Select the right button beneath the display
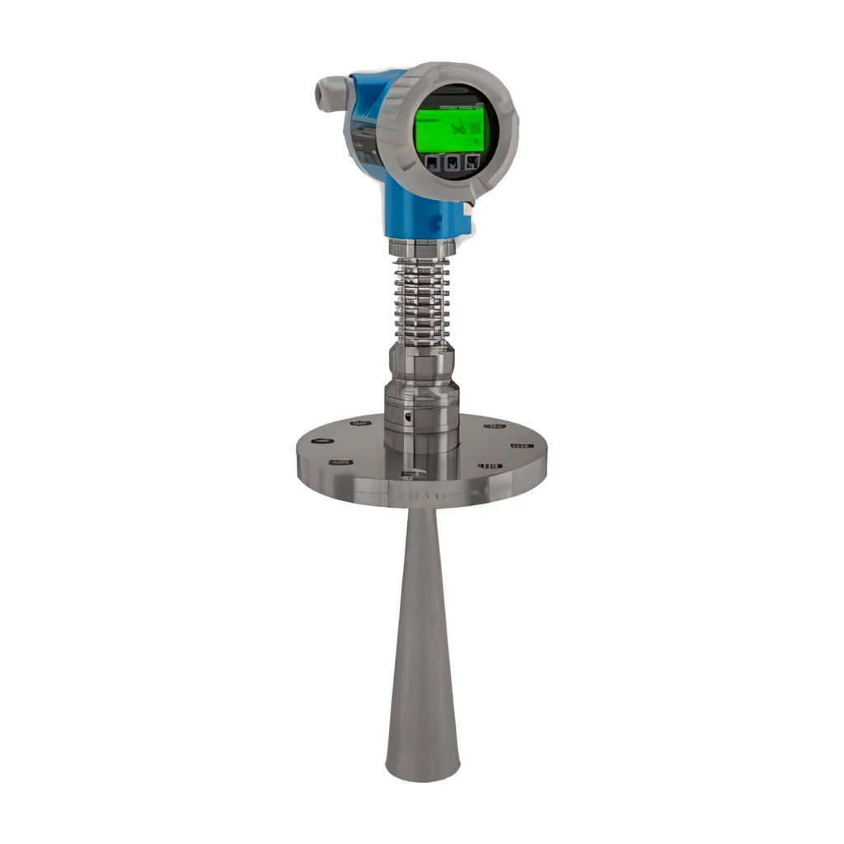click(x=471, y=162)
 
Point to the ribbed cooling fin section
click(x=422, y=301)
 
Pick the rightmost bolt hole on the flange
click(x=522, y=446)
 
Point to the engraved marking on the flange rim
click(x=429, y=496)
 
